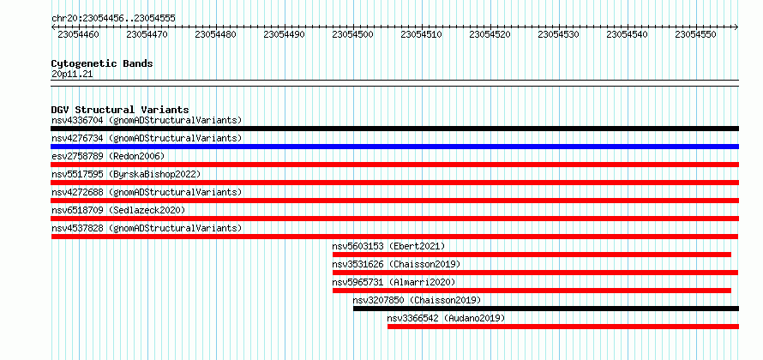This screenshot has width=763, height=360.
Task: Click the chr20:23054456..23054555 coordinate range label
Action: [113, 19]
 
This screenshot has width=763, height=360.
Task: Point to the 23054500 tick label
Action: [353, 34]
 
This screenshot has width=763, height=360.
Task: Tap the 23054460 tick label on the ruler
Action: [78, 34]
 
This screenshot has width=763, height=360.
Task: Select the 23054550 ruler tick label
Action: [696, 34]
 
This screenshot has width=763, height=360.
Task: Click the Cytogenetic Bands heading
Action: [102, 63]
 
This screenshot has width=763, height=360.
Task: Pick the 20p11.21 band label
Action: [72, 75]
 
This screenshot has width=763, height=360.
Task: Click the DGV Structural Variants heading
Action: [120, 110]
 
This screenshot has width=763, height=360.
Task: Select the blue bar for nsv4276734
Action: [394, 147]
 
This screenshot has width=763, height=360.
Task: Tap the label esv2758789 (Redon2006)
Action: [108, 156]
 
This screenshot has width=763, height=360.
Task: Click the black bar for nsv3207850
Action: [546, 309]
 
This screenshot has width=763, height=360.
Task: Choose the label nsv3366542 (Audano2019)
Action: [446, 318]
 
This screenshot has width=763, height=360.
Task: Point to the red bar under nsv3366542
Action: [563, 327]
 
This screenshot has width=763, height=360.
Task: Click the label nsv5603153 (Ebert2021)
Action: [389, 246]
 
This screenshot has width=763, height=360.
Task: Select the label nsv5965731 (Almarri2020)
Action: [394, 282]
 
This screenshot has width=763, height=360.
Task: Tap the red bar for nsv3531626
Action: [535, 273]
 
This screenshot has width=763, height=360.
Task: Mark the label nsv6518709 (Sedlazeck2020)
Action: [118, 210]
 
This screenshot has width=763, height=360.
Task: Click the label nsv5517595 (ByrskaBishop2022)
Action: [126, 174]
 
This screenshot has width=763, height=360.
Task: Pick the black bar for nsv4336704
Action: [394, 129]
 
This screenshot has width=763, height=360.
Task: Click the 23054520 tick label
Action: [490, 34]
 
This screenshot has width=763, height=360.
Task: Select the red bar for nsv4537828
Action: [394, 237]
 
